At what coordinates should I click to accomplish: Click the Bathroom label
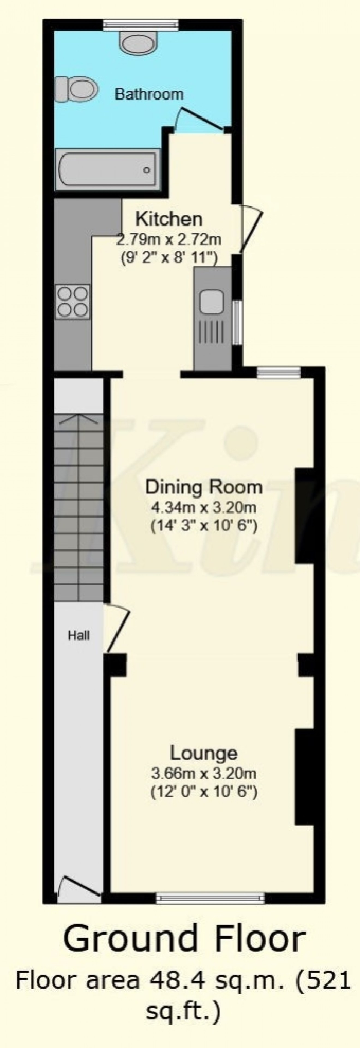tap(149, 94)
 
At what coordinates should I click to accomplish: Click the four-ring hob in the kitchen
tap(73, 301)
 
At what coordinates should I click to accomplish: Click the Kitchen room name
tap(168, 219)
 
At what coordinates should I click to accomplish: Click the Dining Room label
tap(204, 487)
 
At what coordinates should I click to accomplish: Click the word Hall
tap(79, 635)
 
